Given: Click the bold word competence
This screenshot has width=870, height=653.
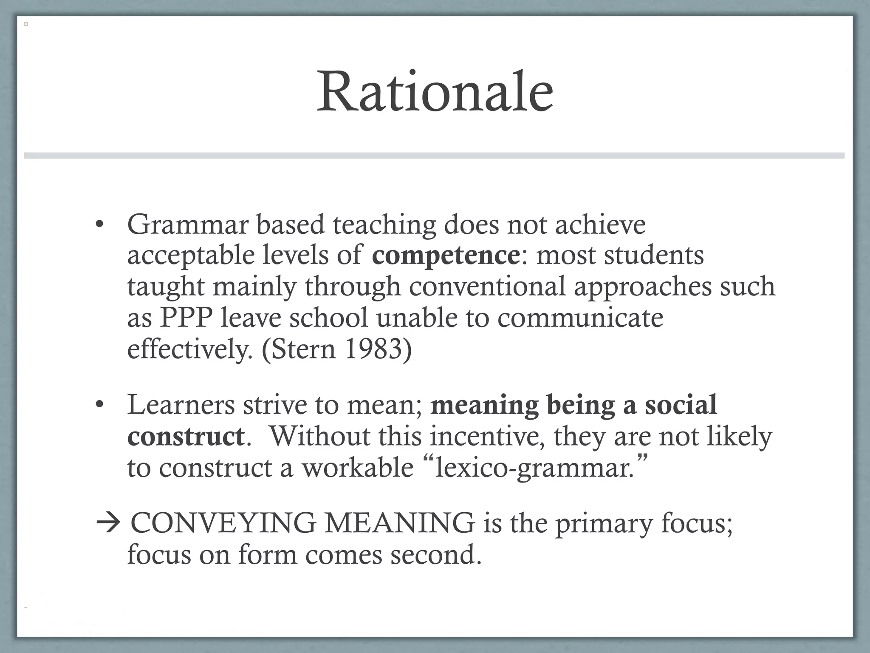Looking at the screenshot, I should click(446, 255).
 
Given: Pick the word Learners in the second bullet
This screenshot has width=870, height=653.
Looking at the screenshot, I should click(181, 404).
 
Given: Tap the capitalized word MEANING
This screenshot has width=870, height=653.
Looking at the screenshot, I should click(399, 523).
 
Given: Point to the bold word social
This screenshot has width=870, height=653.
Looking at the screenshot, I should click(681, 404).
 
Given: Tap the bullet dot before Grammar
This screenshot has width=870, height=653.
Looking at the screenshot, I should click(99, 224).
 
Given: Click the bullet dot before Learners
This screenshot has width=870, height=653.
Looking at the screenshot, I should click(99, 404).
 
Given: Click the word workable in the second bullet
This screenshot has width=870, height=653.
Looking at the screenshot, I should click(357, 468).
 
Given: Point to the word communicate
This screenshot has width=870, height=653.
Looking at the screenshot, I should click(580, 318).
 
